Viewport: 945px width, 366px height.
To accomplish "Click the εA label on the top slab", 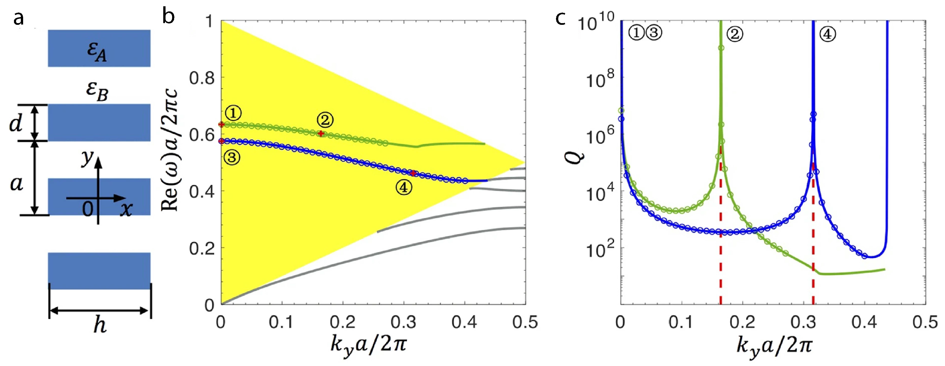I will click(x=97, y=51).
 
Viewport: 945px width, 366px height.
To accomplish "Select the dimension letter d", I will click(x=16, y=124).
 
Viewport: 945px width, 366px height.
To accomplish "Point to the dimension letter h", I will click(x=100, y=325).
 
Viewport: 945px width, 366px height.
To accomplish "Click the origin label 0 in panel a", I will click(x=88, y=209).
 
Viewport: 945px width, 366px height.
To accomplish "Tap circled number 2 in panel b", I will click(x=325, y=120).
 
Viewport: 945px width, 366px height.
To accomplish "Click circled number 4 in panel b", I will click(x=404, y=188).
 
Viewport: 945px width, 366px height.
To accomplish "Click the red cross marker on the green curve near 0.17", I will click(x=321, y=134).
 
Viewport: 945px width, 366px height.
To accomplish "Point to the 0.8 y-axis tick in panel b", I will click(x=202, y=78).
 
